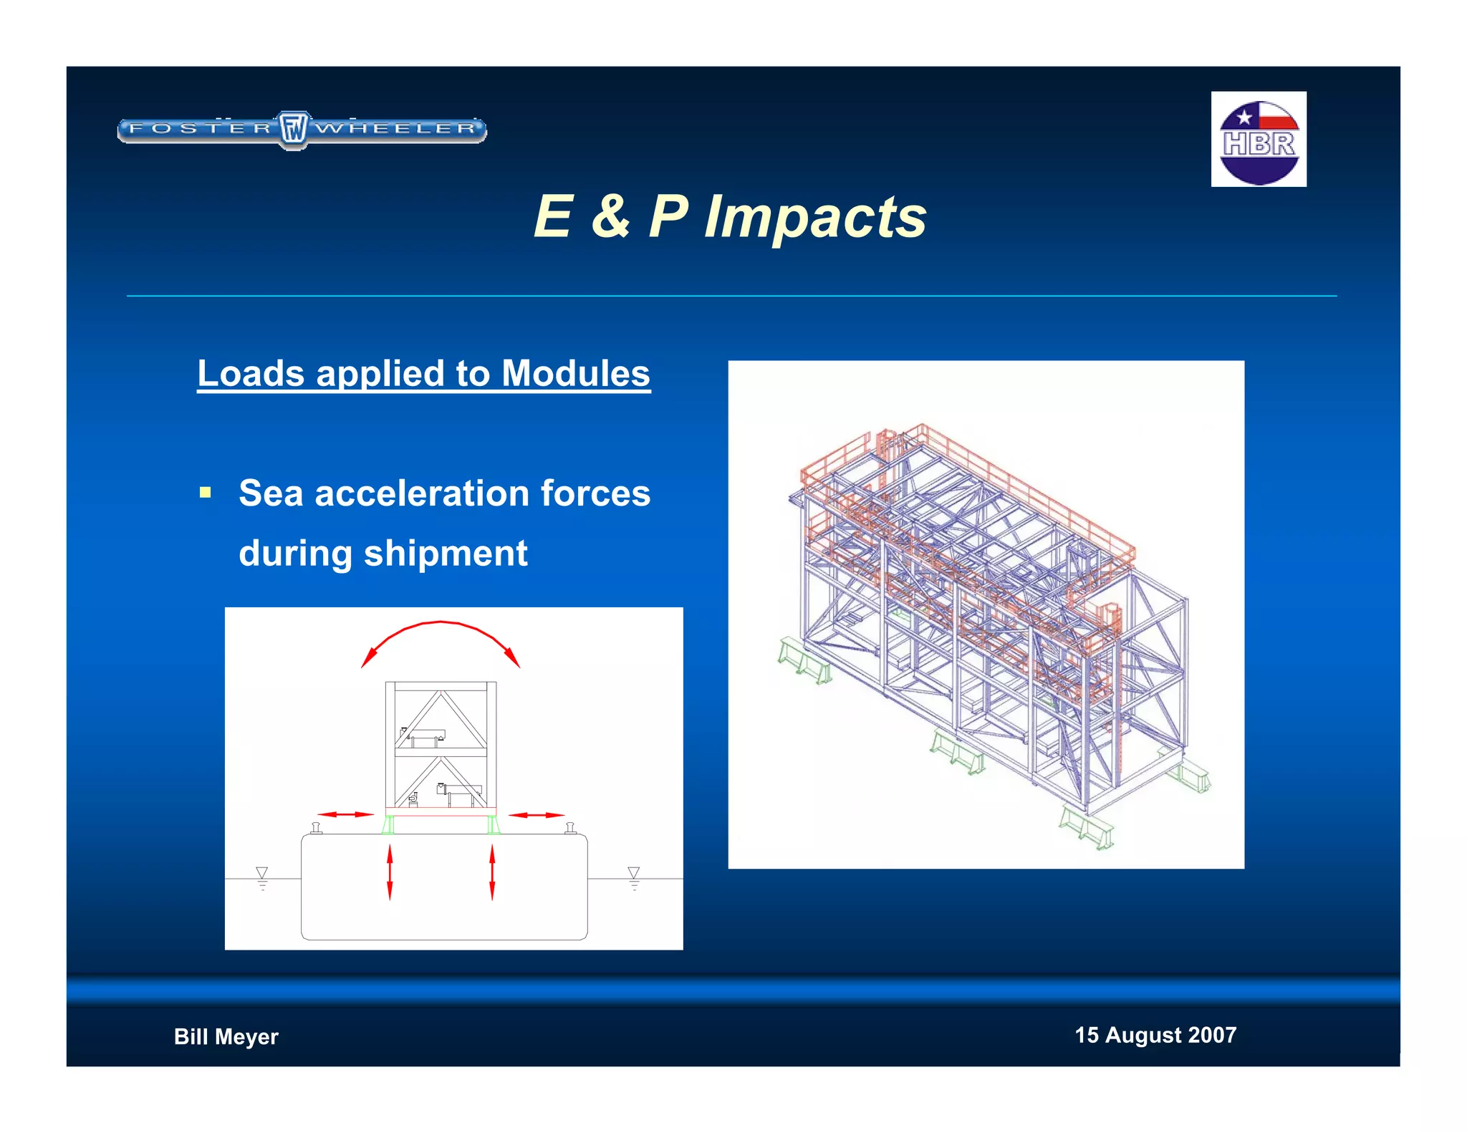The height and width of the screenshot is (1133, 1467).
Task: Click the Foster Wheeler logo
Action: [302, 130]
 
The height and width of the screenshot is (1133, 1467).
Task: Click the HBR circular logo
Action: [1259, 140]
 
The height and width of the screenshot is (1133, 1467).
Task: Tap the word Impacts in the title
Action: [815, 216]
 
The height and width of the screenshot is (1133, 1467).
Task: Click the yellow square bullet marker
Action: [206, 493]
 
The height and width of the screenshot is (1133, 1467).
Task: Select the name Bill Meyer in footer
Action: [226, 1036]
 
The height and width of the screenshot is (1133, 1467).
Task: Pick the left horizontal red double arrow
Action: [345, 814]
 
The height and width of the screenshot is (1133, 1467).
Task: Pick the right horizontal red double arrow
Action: [537, 815]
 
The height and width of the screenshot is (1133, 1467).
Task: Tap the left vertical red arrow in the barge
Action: [390, 872]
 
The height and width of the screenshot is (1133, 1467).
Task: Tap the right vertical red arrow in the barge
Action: [492, 872]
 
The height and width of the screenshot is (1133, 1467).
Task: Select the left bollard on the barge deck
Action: [316, 829]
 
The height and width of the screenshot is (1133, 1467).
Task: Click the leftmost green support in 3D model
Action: [804, 661]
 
